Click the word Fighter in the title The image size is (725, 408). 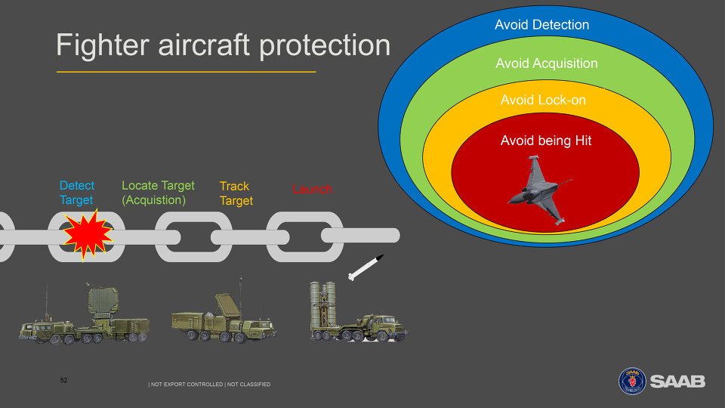pyautogui.click(x=103, y=45)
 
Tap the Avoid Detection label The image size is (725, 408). pyautogui.click(x=542, y=24)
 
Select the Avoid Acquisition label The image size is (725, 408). pyautogui.click(x=547, y=63)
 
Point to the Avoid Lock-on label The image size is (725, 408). pyautogui.click(x=543, y=100)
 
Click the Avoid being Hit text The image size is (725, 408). pyautogui.click(x=546, y=141)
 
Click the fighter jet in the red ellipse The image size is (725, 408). pyautogui.click(x=539, y=190)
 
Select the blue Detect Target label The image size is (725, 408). pyautogui.click(x=77, y=193)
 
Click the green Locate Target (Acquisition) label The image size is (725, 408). pyautogui.click(x=158, y=193)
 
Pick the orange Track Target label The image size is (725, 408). pyautogui.click(x=236, y=193)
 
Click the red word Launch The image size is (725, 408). pyautogui.click(x=312, y=189)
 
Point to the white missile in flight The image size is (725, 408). pyautogui.click(x=366, y=267)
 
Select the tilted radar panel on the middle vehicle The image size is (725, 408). pyautogui.click(x=227, y=306)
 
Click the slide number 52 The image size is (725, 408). pyautogui.click(x=63, y=380)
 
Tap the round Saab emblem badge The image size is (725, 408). pyautogui.click(x=632, y=381)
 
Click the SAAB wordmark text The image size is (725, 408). pyautogui.click(x=677, y=382)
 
